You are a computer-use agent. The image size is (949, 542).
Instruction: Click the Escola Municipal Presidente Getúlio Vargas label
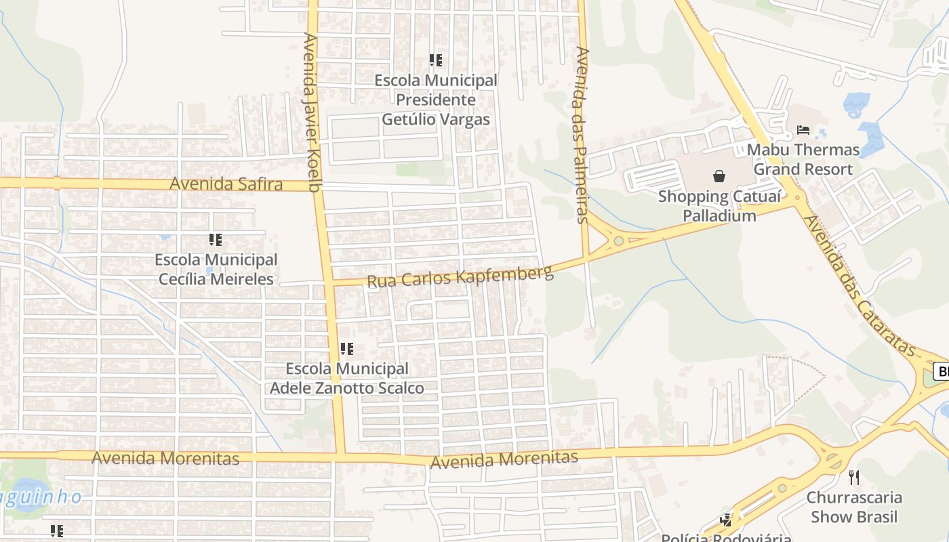coord(436,100)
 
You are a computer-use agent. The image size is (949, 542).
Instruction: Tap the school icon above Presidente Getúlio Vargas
coord(436,60)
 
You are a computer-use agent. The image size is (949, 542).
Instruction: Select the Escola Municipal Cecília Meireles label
coord(216,269)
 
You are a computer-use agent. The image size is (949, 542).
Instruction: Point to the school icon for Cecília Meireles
coord(216,239)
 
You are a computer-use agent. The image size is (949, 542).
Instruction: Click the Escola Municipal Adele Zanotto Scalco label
coord(347,378)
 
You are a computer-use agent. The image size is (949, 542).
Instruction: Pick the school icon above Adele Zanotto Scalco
coord(347,349)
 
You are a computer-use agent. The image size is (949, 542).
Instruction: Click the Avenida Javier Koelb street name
coord(311,112)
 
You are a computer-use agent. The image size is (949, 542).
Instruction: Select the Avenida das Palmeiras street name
coord(582,134)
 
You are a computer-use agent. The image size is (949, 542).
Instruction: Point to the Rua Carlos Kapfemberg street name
coord(460,276)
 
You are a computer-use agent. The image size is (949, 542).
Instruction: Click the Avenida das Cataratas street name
coord(857,285)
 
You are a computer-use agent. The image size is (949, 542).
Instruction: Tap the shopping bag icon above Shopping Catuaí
coord(719,176)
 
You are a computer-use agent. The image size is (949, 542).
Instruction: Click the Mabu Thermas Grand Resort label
coord(803,159)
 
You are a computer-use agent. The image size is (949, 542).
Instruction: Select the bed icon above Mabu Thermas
coord(803,129)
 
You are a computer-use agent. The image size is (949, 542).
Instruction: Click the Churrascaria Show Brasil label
coord(854,507)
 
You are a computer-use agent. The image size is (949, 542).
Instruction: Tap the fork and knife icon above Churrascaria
coord(854,478)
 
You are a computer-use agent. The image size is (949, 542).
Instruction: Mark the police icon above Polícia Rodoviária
coord(726,520)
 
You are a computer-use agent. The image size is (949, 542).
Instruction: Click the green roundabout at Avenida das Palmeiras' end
coord(618,241)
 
